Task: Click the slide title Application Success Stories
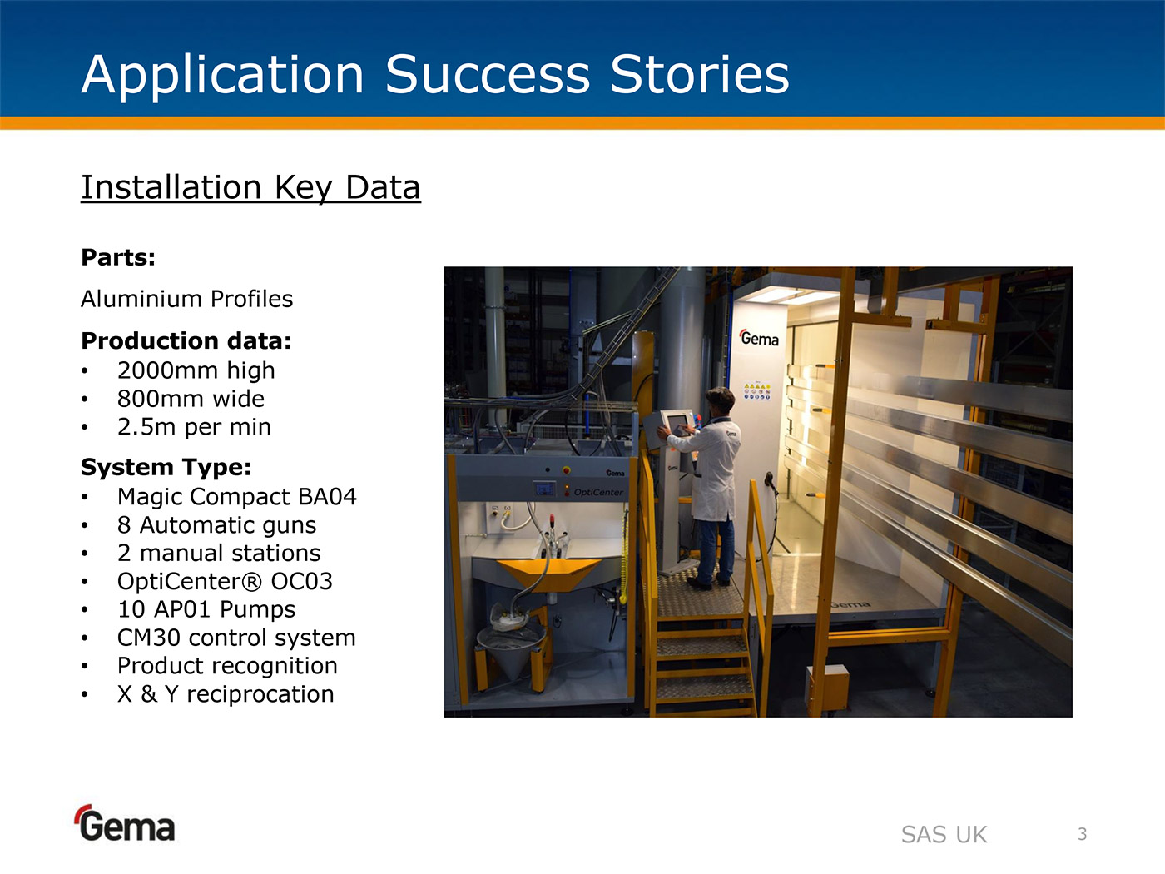[435, 75]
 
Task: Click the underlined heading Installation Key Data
[250, 187]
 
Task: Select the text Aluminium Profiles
[187, 299]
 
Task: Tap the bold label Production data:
[186, 340]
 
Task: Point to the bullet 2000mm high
[196, 370]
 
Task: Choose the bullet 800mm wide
[191, 399]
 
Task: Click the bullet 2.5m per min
[194, 427]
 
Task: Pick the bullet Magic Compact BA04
[236, 497]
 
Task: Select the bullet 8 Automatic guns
[216, 525]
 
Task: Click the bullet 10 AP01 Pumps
[206, 609]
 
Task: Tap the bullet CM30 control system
[236, 638]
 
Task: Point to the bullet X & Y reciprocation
[226, 694]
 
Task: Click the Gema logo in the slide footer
[126, 823]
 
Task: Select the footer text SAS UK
[944, 835]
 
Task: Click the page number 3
[1083, 834]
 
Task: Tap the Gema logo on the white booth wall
[759, 338]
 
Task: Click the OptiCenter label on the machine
[598, 493]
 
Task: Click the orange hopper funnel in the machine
[548, 573]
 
